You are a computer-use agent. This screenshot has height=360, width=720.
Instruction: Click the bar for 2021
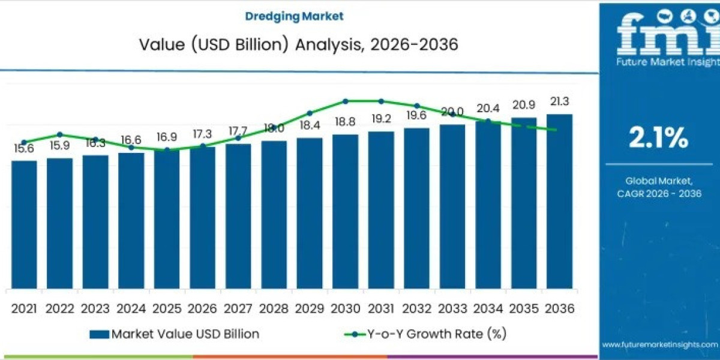point(24,224)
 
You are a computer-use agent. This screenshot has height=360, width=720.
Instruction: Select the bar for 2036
point(559,201)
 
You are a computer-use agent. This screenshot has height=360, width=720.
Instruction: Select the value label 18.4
point(310,125)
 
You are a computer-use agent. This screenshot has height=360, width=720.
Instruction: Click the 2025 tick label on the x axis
point(167,308)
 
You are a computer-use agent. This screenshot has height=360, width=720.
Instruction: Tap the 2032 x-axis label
point(416,308)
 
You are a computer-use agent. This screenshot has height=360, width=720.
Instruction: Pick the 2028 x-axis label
point(274,308)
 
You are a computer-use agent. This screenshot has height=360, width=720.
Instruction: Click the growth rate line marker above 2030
point(346,101)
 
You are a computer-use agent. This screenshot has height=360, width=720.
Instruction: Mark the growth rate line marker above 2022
point(59,134)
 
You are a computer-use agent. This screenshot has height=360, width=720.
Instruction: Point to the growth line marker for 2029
point(310,113)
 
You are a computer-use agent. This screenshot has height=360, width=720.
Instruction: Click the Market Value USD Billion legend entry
point(174,334)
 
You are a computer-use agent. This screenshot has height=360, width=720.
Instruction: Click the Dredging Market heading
point(294,16)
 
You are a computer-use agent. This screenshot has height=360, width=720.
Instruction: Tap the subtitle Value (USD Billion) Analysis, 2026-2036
point(294,45)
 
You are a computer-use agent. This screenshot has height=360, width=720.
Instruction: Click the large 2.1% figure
point(658,139)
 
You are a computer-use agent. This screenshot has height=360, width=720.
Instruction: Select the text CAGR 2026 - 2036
point(659,193)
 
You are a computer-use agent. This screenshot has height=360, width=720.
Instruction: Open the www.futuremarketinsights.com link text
point(659,345)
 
